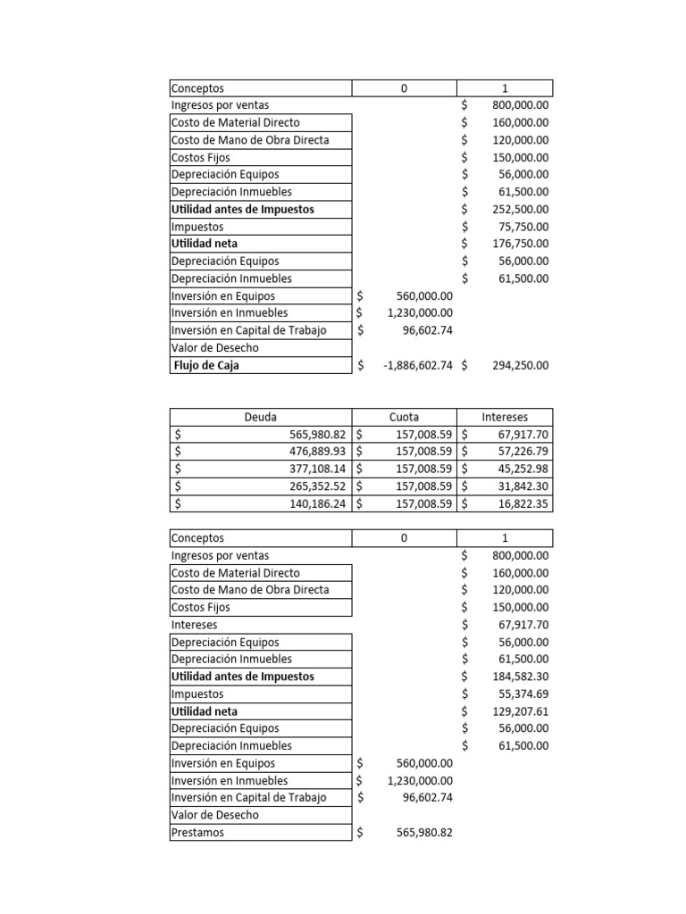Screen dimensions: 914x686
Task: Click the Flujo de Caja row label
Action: pos(206,365)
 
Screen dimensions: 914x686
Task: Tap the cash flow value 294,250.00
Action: pos(517,365)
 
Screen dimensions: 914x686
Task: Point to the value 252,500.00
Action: pos(517,209)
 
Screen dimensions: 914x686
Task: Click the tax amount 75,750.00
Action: pos(521,227)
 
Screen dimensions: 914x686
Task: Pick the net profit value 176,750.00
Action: pos(517,244)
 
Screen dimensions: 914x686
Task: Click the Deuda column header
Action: pos(260,417)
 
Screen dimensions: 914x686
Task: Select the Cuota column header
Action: pos(404,417)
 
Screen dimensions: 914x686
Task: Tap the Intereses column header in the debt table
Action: pos(505,417)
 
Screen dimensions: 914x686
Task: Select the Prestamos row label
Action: pos(198,833)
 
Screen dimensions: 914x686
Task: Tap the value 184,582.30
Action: pos(517,677)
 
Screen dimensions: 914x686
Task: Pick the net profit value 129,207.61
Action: pos(517,711)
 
